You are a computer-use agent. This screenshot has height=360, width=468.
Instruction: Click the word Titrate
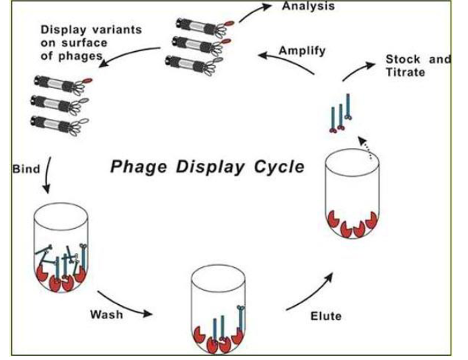[x=406, y=73]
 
